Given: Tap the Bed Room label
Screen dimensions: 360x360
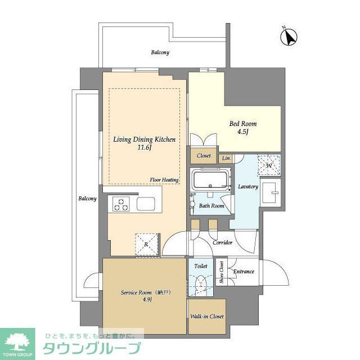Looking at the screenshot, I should pyautogui.click(x=242, y=128).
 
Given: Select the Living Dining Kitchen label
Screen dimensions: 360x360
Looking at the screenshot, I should pyautogui.click(x=145, y=143).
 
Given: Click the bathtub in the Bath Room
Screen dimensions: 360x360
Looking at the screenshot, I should pyautogui.click(x=210, y=181).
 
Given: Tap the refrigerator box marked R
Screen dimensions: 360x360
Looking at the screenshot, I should pyautogui.click(x=145, y=244).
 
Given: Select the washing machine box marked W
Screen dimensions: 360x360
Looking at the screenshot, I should pyautogui.click(x=269, y=165).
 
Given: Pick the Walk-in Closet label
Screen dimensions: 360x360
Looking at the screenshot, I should pyautogui.click(x=206, y=317).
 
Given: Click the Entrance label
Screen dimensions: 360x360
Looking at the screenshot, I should pyautogui.click(x=244, y=272).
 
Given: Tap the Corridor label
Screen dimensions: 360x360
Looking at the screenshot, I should pyautogui.click(x=223, y=242).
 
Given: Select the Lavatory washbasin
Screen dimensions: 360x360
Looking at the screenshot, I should pyautogui.click(x=274, y=193).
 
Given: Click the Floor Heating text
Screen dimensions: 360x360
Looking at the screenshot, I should pyautogui.click(x=164, y=180).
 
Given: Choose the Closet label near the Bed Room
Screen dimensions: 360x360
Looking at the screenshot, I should pyautogui.click(x=203, y=156).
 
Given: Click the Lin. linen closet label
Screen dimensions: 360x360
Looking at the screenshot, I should pyautogui.click(x=226, y=159).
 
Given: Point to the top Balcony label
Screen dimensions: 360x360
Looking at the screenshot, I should pyautogui.click(x=160, y=52).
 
